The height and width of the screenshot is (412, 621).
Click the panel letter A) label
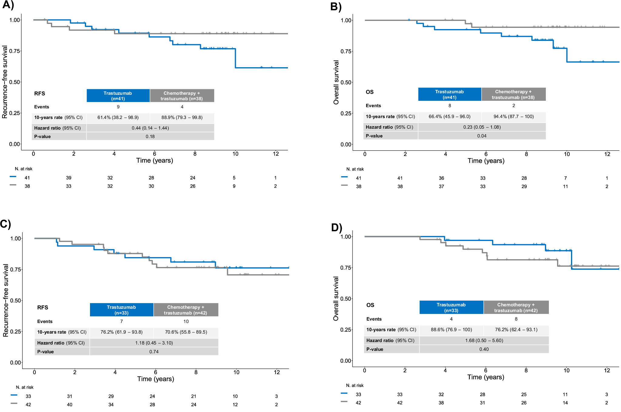click(x=8, y=5)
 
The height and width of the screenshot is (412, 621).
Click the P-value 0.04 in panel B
click(x=482, y=136)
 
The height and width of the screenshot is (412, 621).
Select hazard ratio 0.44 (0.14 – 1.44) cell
click(x=150, y=128)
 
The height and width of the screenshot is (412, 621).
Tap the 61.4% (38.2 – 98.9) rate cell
click(x=118, y=117)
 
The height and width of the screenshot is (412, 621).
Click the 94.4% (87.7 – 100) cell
click(x=513, y=117)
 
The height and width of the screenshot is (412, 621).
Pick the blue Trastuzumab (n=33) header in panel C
click(x=122, y=310)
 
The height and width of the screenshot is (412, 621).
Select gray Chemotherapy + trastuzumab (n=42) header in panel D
click(x=516, y=307)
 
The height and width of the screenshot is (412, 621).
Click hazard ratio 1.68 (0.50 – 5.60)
click(x=484, y=341)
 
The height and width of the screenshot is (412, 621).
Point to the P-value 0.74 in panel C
click(x=154, y=352)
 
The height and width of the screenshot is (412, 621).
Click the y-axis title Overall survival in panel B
click(x=336, y=82)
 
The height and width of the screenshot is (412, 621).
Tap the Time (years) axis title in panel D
click(x=486, y=377)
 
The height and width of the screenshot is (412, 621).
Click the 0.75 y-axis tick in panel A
click(x=15, y=51)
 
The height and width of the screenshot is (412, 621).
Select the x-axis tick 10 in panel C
click(x=236, y=372)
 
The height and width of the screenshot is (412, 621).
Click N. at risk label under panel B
click(x=355, y=169)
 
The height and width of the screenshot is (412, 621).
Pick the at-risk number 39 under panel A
click(x=69, y=178)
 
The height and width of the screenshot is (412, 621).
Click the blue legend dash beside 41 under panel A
click(x=13, y=176)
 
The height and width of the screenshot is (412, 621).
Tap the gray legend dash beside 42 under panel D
click(x=344, y=401)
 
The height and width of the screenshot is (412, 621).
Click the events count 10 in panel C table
click(x=186, y=321)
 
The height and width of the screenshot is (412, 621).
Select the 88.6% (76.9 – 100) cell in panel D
click(x=451, y=330)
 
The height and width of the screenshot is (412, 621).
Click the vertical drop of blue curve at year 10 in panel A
click(x=235, y=58)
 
